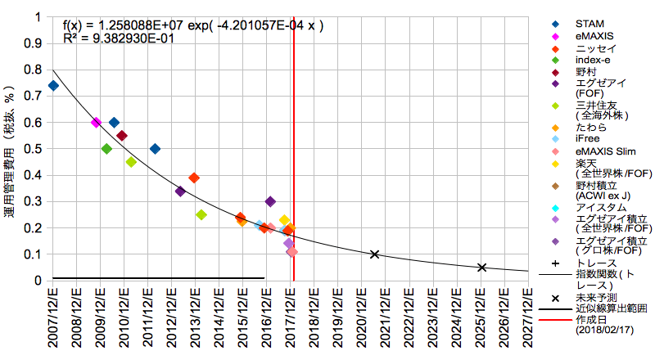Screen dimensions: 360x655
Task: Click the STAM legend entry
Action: (588, 23)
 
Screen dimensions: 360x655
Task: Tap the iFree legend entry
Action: (587, 139)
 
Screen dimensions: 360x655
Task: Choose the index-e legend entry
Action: (592, 60)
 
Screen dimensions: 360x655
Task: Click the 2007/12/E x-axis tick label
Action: (53, 320)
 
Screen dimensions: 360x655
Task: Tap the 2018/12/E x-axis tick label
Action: (314, 320)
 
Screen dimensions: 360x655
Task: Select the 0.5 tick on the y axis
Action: (34, 149)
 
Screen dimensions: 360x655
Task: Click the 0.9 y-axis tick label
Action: (34, 43)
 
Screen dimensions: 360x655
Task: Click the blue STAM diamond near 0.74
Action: (53, 85)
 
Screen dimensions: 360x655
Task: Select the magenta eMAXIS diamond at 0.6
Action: (96, 122)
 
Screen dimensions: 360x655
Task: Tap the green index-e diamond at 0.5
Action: (106, 149)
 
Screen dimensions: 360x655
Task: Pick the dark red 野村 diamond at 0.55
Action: (122, 136)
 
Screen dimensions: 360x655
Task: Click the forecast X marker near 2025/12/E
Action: (482, 268)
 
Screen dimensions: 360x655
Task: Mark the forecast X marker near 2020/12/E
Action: (374, 254)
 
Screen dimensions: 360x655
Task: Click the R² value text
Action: (118, 38)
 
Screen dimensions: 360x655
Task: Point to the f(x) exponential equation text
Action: (193, 25)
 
